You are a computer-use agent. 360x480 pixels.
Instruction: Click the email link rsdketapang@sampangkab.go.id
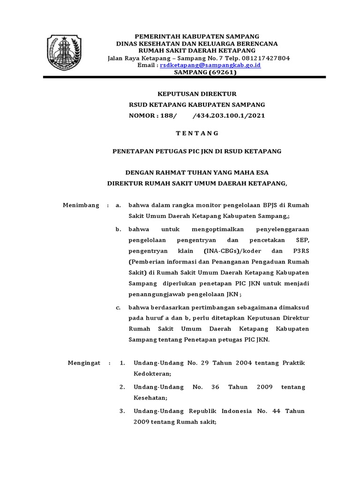(x=210, y=66)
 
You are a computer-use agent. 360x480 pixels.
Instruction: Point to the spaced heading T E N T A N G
(x=197, y=133)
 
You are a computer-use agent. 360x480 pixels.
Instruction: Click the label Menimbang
(x=81, y=205)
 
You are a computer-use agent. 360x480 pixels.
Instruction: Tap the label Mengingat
(x=84, y=363)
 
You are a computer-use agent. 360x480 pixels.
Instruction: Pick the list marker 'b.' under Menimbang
(x=119, y=229)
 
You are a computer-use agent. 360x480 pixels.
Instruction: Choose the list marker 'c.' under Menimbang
(x=119, y=308)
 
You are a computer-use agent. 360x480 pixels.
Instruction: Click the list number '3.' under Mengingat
(x=122, y=411)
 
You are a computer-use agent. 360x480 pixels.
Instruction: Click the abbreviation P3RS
(x=300, y=251)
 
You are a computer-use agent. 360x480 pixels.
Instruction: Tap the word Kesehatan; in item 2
(x=151, y=397)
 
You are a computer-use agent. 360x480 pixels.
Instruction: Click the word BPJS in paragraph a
(x=263, y=205)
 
